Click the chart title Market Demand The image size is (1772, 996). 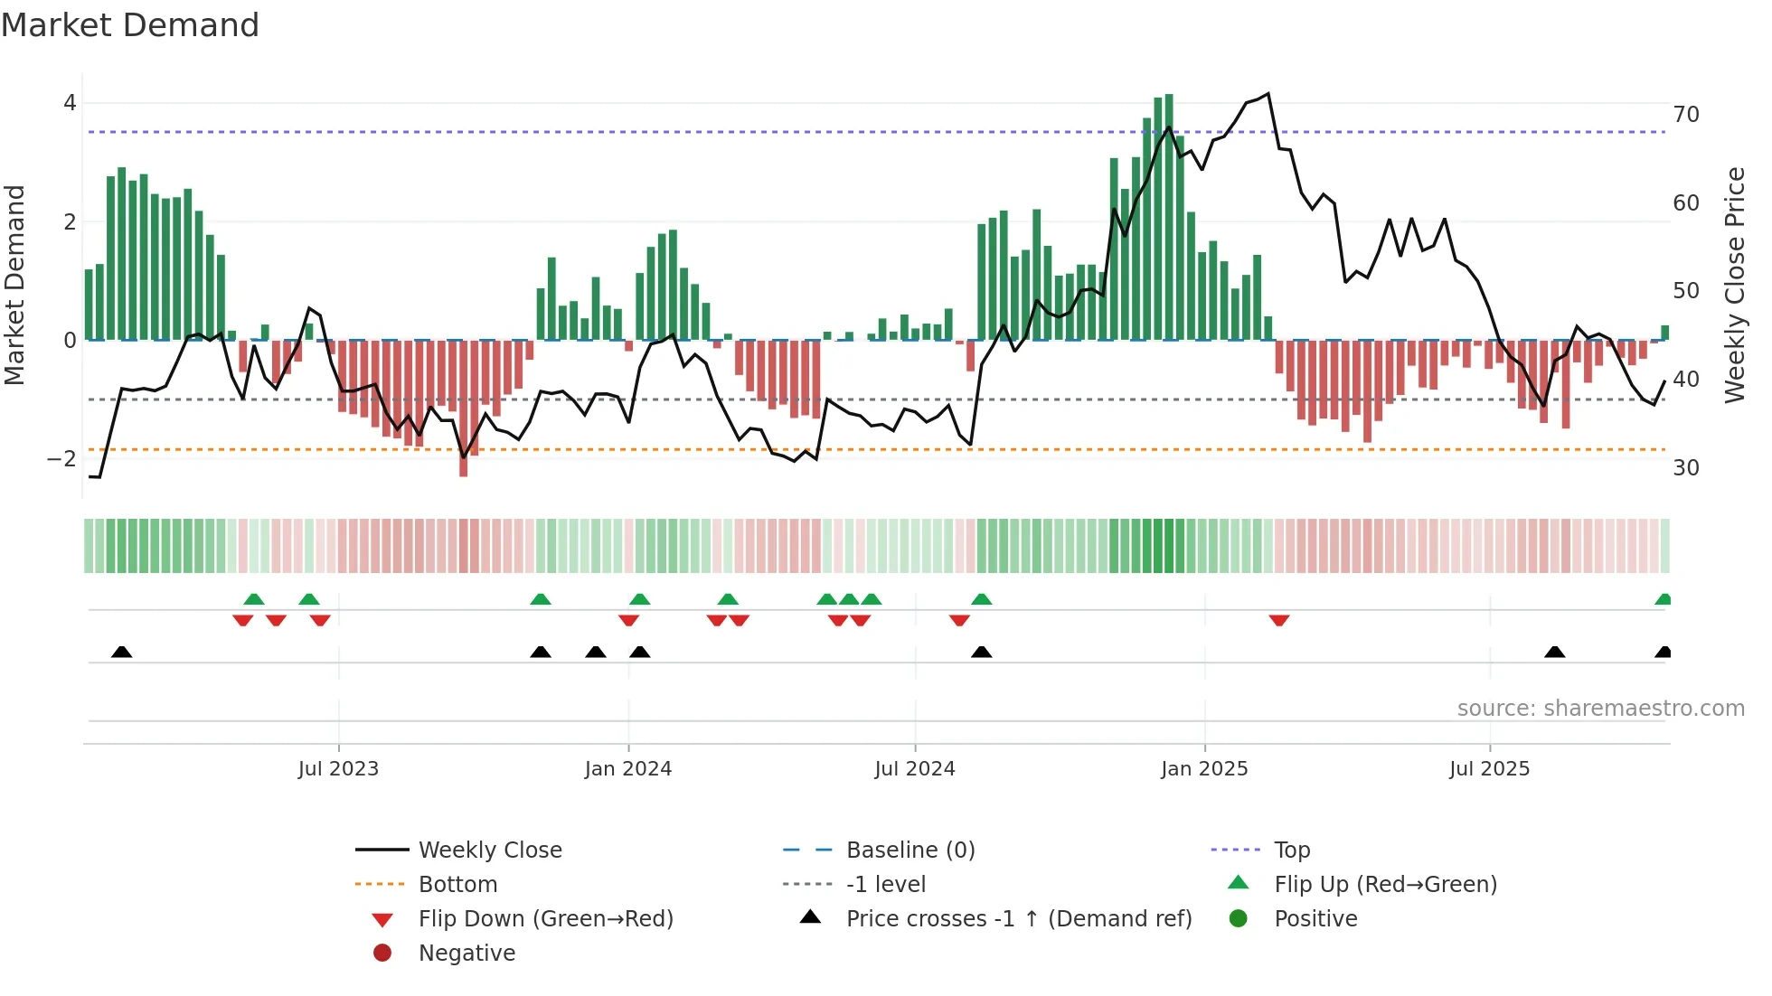(130, 24)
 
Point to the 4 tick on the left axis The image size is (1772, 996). (70, 103)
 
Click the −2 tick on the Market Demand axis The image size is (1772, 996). (62, 459)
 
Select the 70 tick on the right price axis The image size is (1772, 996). (1686, 115)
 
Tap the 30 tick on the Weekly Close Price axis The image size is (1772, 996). (1686, 468)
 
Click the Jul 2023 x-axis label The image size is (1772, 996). (338, 769)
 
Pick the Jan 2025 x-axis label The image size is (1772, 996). (1204, 769)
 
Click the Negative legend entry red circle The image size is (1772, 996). (382, 954)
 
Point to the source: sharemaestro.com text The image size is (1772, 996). (1600, 709)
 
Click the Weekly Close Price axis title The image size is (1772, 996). (1734, 285)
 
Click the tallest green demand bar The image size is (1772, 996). (1169, 217)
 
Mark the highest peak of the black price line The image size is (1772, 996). (1268, 94)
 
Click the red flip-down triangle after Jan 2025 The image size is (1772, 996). (1278, 620)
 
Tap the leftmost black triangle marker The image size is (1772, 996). (122, 652)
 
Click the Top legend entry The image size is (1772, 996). (1291, 850)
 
